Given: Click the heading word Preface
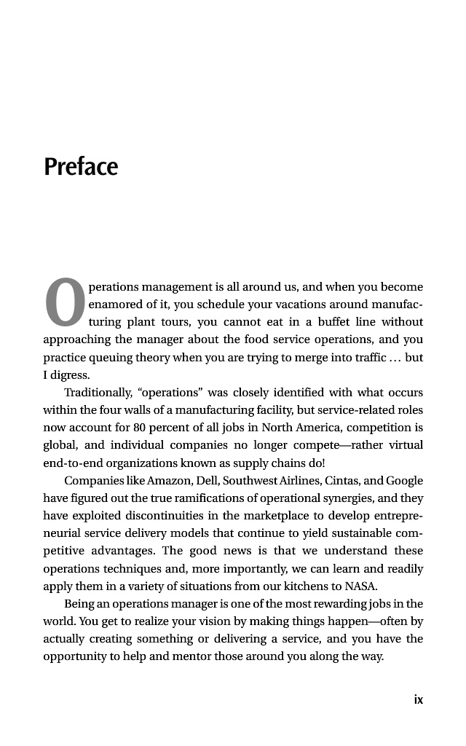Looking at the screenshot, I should point(81,167).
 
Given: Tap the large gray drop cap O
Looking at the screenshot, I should point(65,303).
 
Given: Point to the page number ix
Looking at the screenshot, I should point(418,699).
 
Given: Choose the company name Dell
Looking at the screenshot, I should point(207,481).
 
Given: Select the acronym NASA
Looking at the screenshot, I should point(361,586).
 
